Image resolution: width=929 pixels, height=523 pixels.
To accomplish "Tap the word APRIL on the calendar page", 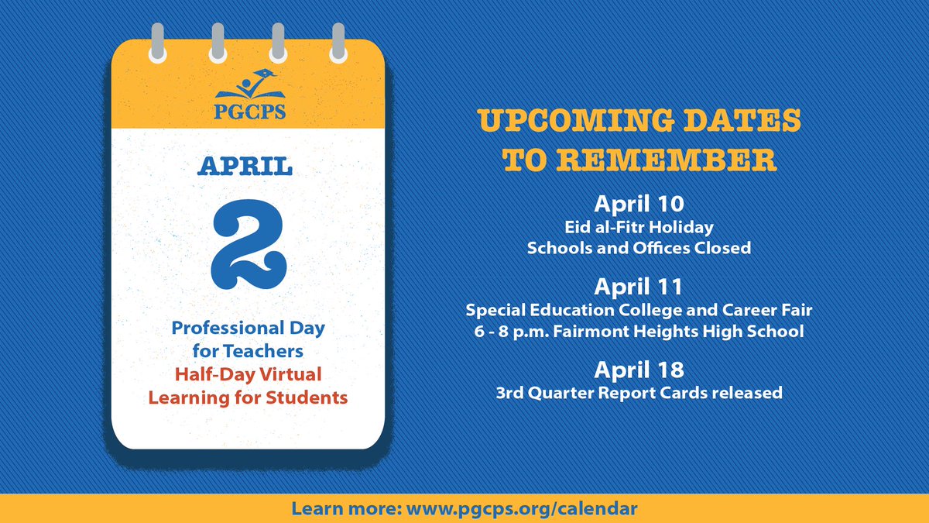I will click(248, 166).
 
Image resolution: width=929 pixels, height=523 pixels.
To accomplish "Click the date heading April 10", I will click(639, 205).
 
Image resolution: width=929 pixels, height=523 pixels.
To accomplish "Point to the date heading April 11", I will click(639, 287).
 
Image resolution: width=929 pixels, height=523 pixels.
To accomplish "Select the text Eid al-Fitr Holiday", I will click(639, 228).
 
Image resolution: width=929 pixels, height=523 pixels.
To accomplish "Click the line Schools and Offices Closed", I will click(639, 249).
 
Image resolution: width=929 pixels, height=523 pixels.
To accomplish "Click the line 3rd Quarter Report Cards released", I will click(639, 393).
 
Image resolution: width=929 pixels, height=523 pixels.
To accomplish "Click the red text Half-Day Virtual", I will click(248, 376).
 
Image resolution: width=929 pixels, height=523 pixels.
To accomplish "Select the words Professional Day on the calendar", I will click(248, 328).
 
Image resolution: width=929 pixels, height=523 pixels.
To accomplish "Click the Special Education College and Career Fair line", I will click(639, 310).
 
